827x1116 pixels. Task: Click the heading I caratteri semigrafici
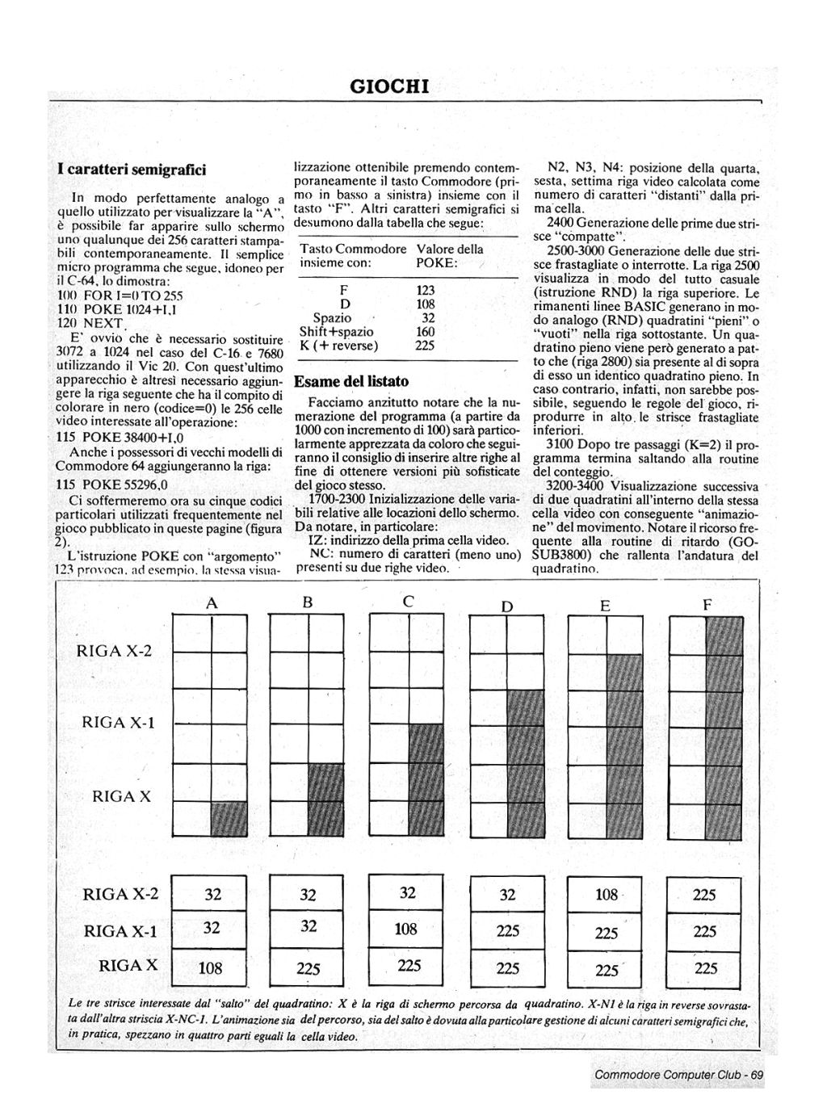pos(132,170)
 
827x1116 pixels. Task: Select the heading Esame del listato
pos(351,381)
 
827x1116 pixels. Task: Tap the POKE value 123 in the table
pos(426,291)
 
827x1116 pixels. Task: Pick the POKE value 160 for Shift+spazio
pos(426,332)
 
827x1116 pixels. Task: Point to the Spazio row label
pos(332,318)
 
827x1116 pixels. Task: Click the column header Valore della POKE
pos(449,256)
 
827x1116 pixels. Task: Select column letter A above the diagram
pos(212,602)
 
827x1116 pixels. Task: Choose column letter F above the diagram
pos(707,605)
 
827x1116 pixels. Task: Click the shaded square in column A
pos(229,819)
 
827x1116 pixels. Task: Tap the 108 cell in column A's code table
pos(212,967)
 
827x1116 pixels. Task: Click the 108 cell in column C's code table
pos(406,929)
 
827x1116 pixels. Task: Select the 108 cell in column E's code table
pos(606,894)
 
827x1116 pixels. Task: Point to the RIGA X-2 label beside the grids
pos(114,651)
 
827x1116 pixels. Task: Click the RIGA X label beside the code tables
pos(128,966)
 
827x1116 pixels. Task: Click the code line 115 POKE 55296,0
pos(111,485)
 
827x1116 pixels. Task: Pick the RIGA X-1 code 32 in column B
pos(309,927)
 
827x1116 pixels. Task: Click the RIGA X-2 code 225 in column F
pos(705,895)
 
